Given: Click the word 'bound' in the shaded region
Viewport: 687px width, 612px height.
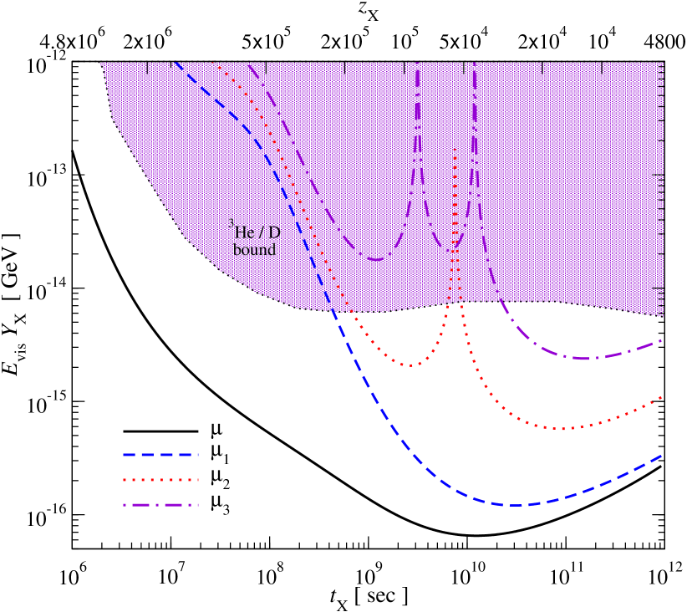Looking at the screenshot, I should point(254,250).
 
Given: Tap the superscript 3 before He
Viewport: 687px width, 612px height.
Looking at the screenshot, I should point(232,223).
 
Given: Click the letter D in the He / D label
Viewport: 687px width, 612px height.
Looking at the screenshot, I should point(274,233).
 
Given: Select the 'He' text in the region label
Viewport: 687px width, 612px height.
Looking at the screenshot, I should point(245,233).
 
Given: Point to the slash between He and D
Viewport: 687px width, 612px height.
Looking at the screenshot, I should point(262,233).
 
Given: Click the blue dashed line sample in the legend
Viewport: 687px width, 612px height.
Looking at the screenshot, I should point(160,455).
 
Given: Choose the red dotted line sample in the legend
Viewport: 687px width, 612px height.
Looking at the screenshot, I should point(160,480).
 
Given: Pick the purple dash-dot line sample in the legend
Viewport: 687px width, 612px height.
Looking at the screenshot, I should point(160,505).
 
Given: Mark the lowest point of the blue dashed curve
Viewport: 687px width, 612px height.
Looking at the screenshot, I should point(516,505).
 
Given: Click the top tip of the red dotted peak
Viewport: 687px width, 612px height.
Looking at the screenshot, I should point(455,149).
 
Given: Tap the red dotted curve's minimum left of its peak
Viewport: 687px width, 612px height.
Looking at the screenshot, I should point(409,365).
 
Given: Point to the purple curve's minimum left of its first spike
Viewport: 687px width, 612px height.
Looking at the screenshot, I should point(375,259).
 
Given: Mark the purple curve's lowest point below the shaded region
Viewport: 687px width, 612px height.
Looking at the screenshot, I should point(585,359).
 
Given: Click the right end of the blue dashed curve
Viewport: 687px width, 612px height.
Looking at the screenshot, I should point(662,456).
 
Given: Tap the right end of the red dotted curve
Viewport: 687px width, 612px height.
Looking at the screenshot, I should point(662,397).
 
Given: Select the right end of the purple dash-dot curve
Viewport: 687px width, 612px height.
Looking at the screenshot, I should point(662,340).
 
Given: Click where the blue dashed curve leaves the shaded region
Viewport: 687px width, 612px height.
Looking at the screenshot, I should point(334,312).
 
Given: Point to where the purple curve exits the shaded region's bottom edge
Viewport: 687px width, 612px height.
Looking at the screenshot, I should point(500,302).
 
